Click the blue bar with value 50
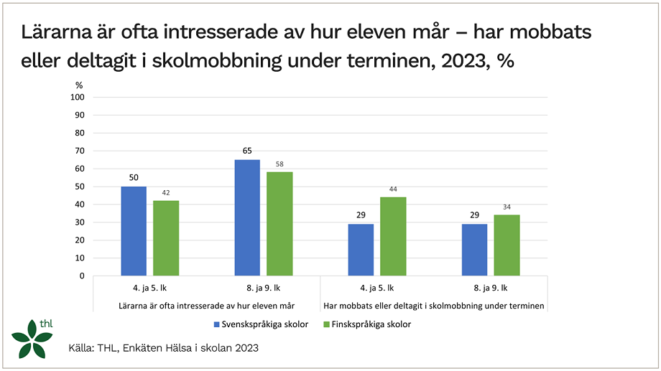(134, 231)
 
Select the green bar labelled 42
(166, 238)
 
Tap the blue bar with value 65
(247, 217)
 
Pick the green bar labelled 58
(279, 224)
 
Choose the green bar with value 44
(393, 236)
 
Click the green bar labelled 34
(507, 245)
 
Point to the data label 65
(247, 151)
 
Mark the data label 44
(393, 189)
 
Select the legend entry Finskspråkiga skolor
(367, 324)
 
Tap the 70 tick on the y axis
(80, 151)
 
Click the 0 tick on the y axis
(83, 276)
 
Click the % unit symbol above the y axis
(80, 85)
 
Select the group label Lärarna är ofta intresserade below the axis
(206, 306)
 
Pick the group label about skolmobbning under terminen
(433, 306)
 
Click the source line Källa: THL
(163, 348)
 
